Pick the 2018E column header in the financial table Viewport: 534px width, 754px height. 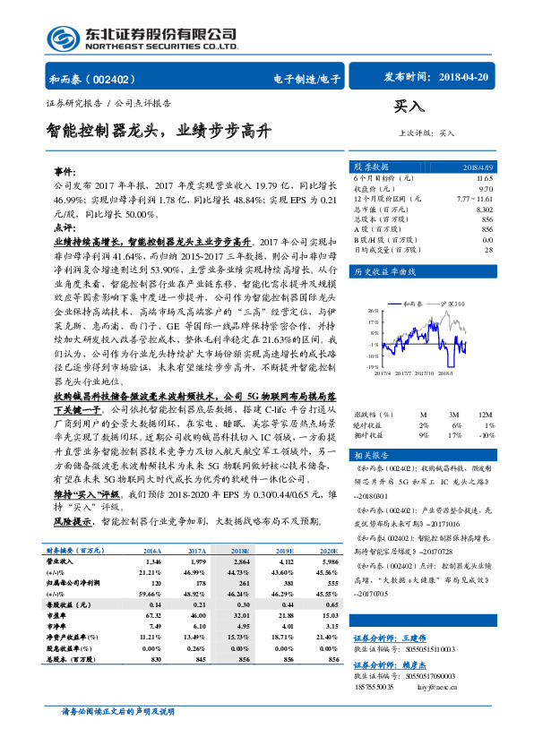coord(240,550)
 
